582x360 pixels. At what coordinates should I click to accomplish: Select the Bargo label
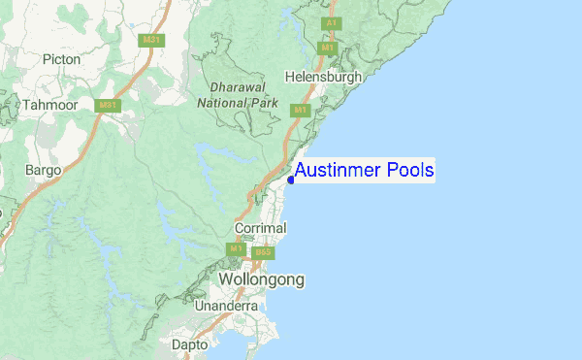click(x=44, y=170)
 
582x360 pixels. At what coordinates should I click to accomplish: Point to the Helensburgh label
click(x=323, y=76)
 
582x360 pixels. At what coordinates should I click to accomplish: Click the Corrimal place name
click(x=261, y=228)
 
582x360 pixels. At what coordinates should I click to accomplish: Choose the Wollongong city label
click(x=261, y=279)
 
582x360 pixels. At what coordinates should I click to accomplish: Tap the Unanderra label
click(x=226, y=306)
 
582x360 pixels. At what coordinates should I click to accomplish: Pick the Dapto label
click(x=189, y=344)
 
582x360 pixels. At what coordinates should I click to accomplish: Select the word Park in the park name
click(x=263, y=101)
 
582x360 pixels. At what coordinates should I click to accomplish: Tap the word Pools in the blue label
click(x=410, y=171)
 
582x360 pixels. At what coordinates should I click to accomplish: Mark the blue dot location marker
click(x=291, y=179)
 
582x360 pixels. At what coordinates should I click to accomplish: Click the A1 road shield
click(x=332, y=22)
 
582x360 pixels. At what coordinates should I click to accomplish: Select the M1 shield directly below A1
click(x=328, y=47)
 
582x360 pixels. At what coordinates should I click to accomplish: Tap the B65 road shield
click(x=267, y=252)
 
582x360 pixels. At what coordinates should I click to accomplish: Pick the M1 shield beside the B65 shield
click(x=236, y=249)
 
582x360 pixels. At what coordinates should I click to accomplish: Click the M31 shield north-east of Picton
click(x=149, y=40)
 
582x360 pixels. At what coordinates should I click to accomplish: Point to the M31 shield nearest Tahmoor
click(x=107, y=105)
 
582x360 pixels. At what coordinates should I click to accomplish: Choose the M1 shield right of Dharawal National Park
click(x=300, y=111)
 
